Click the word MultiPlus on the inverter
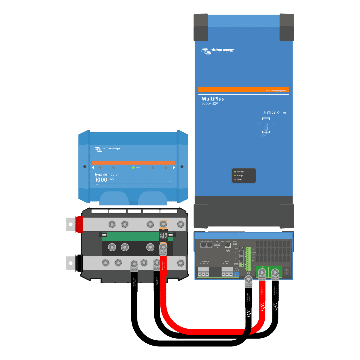tap(212, 99)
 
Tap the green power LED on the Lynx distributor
tap(133, 167)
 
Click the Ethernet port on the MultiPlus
tap(228, 245)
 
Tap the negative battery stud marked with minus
tap(275, 272)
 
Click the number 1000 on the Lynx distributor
tap(101, 180)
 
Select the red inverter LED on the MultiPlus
tap(235, 179)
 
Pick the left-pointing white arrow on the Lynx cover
tap(93, 168)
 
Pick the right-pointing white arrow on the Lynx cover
tap(174, 168)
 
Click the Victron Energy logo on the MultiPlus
tap(218, 51)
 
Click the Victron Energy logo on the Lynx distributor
tap(107, 149)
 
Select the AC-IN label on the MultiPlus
tap(228, 262)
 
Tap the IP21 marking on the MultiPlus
tap(283, 113)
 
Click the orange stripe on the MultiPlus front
tap(244, 89)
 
